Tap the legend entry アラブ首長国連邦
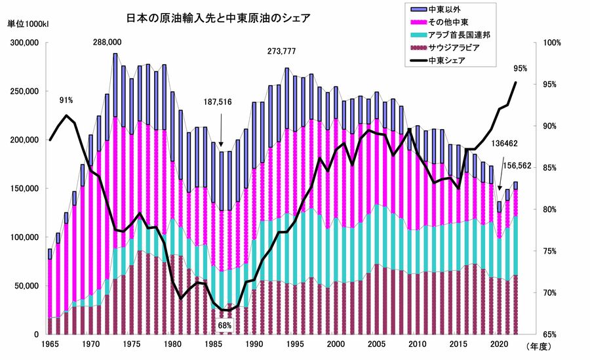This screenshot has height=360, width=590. coord(458,35)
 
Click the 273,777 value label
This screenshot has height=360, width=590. coord(282,51)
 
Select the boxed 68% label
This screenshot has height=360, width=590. coord(225,324)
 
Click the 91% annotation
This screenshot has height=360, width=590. coord(66,100)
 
